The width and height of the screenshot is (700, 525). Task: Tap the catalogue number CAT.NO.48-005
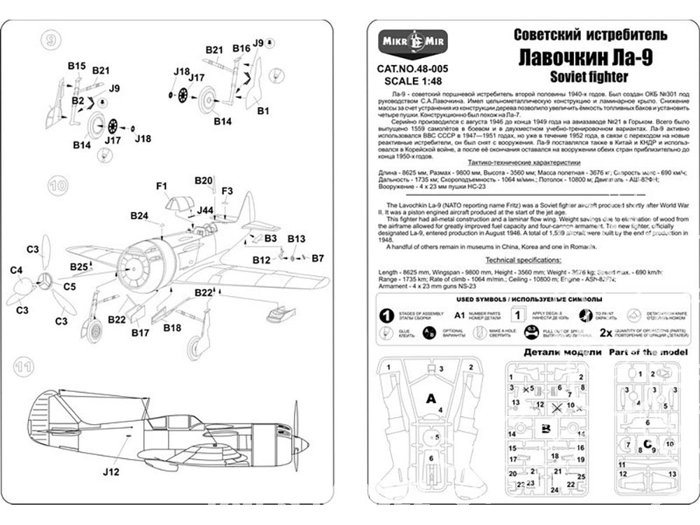pyautogui.click(x=412, y=69)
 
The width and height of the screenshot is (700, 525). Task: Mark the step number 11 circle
pyautogui.click(x=23, y=366)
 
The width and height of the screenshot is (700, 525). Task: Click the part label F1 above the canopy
pyautogui.click(x=162, y=186)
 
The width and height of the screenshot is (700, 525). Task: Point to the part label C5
pyautogui.click(x=70, y=286)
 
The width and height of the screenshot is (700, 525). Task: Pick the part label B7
pyautogui.click(x=318, y=258)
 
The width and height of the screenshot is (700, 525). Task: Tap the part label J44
pyautogui.click(x=204, y=209)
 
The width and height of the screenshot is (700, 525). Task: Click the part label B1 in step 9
pyautogui.click(x=264, y=111)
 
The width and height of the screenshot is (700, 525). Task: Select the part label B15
pyautogui.click(x=77, y=65)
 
